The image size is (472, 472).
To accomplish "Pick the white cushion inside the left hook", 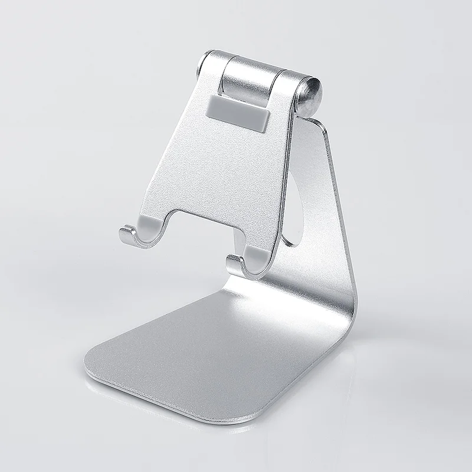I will (147, 224).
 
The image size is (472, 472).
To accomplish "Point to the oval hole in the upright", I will (293, 206).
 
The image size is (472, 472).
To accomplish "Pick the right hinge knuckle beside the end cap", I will (289, 88).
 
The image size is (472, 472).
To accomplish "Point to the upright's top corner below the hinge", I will (322, 127).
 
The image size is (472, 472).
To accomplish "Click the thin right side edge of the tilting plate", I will (286, 177).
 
